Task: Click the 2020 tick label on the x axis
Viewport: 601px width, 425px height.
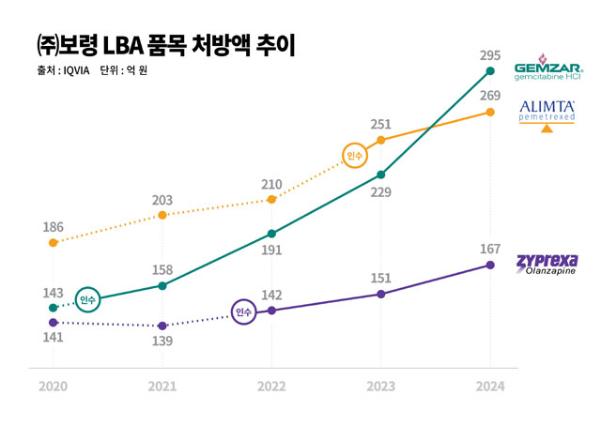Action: (x=54, y=387)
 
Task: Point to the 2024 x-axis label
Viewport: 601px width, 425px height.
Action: (x=489, y=387)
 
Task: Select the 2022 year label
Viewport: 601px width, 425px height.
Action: (x=271, y=387)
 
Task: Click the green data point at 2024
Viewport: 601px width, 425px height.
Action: (x=489, y=71)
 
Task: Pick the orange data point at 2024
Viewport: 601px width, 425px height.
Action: (x=489, y=113)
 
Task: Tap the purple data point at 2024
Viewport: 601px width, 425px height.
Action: (x=489, y=266)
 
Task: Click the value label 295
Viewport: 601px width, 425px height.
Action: (x=489, y=53)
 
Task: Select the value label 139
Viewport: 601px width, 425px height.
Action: (x=162, y=342)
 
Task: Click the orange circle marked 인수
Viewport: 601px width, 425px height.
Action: (x=355, y=157)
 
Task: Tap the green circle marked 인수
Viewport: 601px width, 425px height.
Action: (x=88, y=299)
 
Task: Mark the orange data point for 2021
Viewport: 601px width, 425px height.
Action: (x=162, y=216)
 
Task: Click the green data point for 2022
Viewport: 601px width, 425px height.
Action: (x=271, y=234)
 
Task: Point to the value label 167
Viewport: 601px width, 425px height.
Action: (x=489, y=249)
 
